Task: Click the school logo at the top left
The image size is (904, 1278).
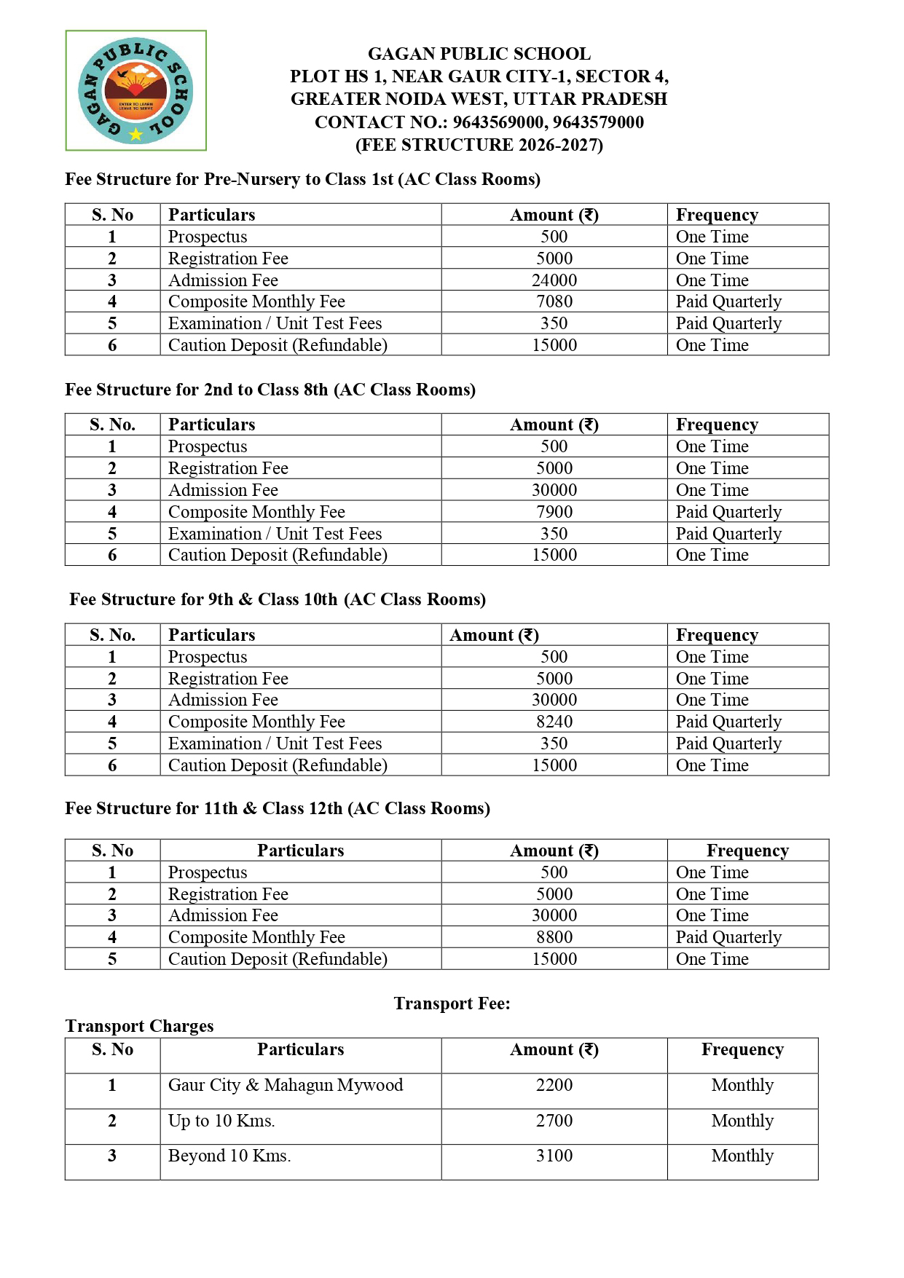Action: coord(135,90)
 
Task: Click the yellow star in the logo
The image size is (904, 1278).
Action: coord(136,134)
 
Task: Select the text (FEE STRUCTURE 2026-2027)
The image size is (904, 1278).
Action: coord(479,145)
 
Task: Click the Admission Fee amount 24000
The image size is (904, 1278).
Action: coord(554,280)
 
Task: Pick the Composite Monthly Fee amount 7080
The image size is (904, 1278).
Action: coord(554,301)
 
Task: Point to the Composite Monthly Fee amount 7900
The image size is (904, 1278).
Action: coord(554,512)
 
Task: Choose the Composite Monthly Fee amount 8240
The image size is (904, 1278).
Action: coord(554,722)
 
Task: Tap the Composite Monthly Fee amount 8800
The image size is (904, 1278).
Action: coord(554,937)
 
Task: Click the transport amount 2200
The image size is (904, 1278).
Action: coord(554,1085)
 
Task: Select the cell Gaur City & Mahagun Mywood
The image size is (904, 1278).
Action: coord(286,1085)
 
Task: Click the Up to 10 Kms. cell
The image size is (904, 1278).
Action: coord(221,1121)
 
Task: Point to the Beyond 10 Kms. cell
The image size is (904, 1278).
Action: coord(229,1156)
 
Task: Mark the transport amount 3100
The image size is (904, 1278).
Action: coord(554,1156)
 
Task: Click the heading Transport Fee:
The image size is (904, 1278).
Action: coord(452,1003)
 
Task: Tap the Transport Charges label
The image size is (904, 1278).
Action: coord(139,1026)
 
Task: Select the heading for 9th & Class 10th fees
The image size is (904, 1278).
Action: coord(278,599)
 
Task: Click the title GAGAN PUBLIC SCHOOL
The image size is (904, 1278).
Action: coord(479,54)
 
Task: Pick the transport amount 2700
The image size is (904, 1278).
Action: coord(554,1121)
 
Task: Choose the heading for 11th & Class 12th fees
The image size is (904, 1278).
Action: coord(278,808)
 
